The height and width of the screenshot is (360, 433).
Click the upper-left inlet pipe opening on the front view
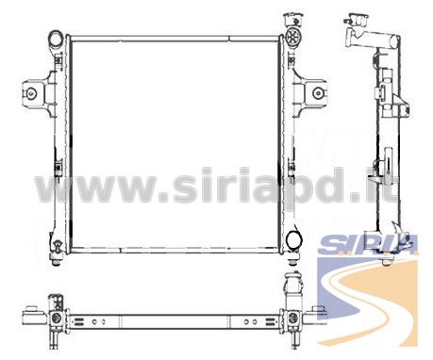56,39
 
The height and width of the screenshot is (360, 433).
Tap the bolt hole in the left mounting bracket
31,93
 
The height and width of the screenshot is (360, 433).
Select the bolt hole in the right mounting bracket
318,93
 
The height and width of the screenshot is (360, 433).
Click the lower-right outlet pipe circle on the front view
294,239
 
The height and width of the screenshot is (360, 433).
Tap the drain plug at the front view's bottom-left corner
57,253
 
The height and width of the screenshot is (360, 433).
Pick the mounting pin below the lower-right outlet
293,257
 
